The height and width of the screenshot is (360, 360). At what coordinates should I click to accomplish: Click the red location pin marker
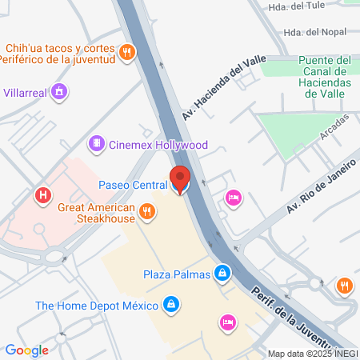pyautogui.click(x=179, y=178)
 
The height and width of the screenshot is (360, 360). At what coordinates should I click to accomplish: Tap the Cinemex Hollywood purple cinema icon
pyautogui.click(x=96, y=144)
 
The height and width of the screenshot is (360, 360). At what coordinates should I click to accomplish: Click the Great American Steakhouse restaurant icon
pyautogui.click(x=146, y=211)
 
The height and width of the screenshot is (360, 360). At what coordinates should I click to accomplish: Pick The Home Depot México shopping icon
pyautogui.click(x=170, y=305)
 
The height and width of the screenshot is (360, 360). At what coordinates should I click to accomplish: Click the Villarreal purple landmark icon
pyautogui.click(x=58, y=92)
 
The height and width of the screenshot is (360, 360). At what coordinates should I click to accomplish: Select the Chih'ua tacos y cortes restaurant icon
pyautogui.click(x=126, y=54)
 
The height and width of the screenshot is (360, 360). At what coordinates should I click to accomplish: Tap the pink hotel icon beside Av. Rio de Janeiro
pyautogui.click(x=233, y=197)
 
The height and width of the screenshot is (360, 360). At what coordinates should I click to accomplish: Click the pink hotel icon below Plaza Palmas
pyautogui.click(x=226, y=322)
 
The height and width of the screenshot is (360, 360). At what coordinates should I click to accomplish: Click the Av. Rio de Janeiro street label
pyautogui.click(x=319, y=186)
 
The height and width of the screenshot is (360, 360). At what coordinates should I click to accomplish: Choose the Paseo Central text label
pyautogui.click(x=132, y=185)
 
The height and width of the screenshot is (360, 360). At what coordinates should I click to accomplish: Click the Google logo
pyautogui.click(x=26, y=350)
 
